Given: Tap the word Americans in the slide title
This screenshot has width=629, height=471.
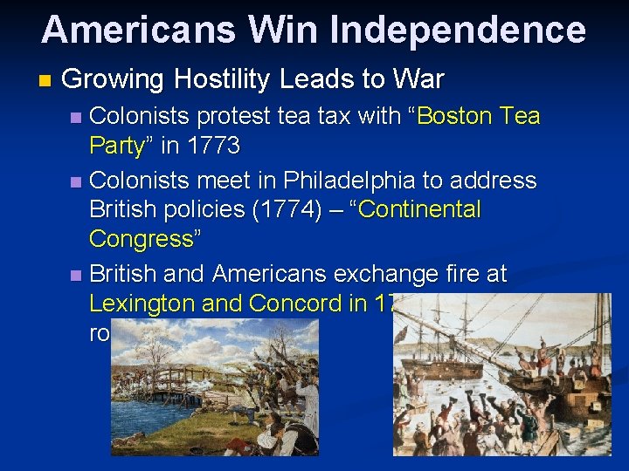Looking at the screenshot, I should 138,30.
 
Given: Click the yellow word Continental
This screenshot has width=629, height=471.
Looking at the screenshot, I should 421,210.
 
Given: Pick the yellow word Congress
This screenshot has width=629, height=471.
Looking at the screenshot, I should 140,239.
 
